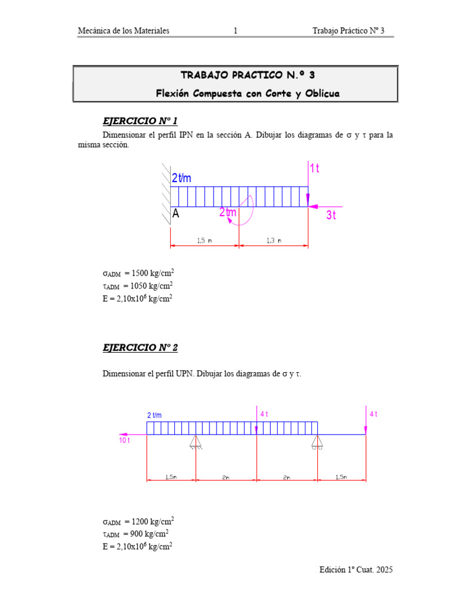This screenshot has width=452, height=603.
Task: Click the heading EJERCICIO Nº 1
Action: [x=140, y=122]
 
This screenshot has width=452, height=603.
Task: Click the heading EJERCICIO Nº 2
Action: [x=140, y=347]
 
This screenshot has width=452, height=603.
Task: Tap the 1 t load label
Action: [x=314, y=168]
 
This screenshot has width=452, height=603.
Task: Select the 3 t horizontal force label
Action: [x=331, y=215]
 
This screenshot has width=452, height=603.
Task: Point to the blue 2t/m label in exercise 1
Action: [x=182, y=178]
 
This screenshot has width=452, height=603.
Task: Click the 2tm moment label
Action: [x=228, y=213]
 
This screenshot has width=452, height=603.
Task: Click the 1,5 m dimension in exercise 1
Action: [x=205, y=240]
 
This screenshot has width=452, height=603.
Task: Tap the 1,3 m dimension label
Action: [x=274, y=240]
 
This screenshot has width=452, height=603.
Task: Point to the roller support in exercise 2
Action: [x=317, y=442]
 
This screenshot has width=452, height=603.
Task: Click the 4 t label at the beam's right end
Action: [x=373, y=415]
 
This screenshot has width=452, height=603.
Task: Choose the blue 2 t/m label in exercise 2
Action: [x=154, y=415]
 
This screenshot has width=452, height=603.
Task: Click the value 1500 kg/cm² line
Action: [x=138, y=274]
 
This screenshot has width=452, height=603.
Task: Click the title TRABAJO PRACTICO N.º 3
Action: [x=235, y=75]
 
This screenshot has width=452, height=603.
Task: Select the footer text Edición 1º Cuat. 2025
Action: [x=356, y=569]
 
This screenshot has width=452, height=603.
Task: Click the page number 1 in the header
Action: [x=235, y=31]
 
